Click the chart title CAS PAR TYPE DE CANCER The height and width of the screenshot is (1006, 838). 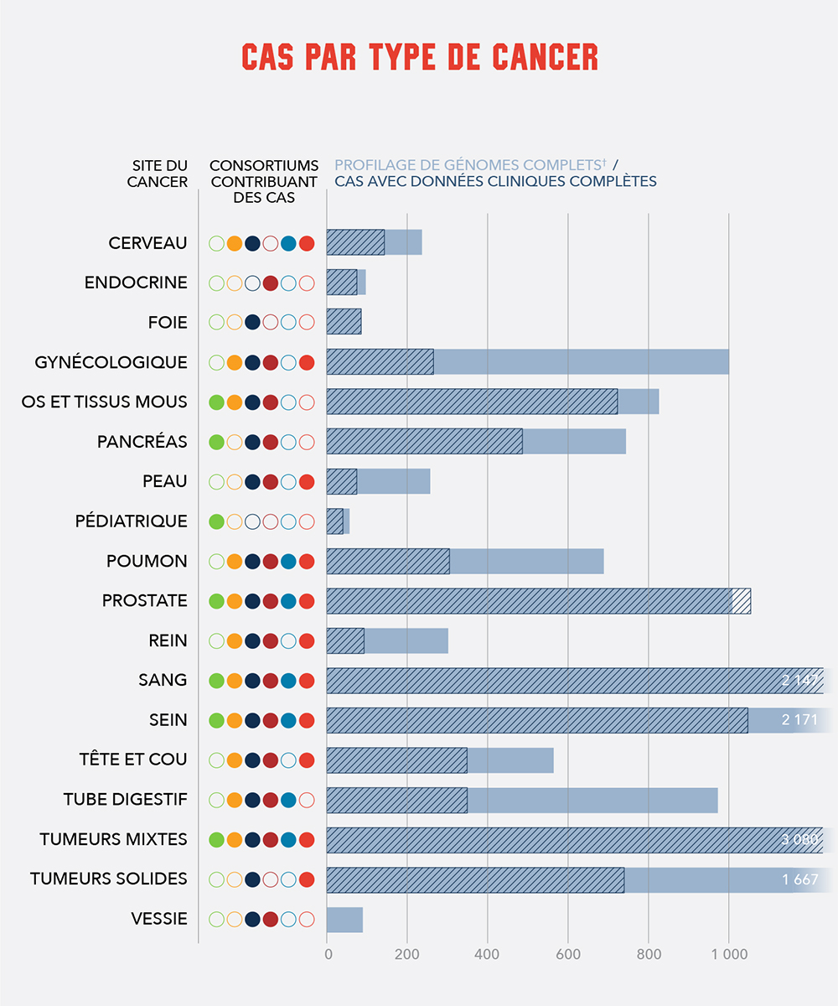pos(419,56)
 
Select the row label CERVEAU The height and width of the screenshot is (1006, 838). pos(147,243)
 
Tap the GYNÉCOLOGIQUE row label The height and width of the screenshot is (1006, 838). pos(111,362)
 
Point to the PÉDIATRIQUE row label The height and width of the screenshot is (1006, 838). pos(131,521)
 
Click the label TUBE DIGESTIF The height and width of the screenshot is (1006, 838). pos(125,800)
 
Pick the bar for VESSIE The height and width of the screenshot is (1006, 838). pos(344,920)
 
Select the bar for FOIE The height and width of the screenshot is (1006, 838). pos(344,323)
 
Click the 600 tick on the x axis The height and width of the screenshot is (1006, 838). pos(567,954)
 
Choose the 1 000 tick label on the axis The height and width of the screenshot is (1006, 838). pos(728,954)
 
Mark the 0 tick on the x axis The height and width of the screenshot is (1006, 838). pos(328,954)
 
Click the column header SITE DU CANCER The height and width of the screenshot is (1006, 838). pos(158,174)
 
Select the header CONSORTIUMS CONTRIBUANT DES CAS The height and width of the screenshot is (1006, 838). pos(263,181)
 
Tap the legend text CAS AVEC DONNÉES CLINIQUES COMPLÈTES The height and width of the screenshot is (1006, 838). pos(495,181)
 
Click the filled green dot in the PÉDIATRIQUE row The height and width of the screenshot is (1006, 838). pos(216,521)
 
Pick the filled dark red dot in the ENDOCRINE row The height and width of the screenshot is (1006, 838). pos(271,283)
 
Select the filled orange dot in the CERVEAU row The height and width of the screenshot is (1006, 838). pos(235,243)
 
